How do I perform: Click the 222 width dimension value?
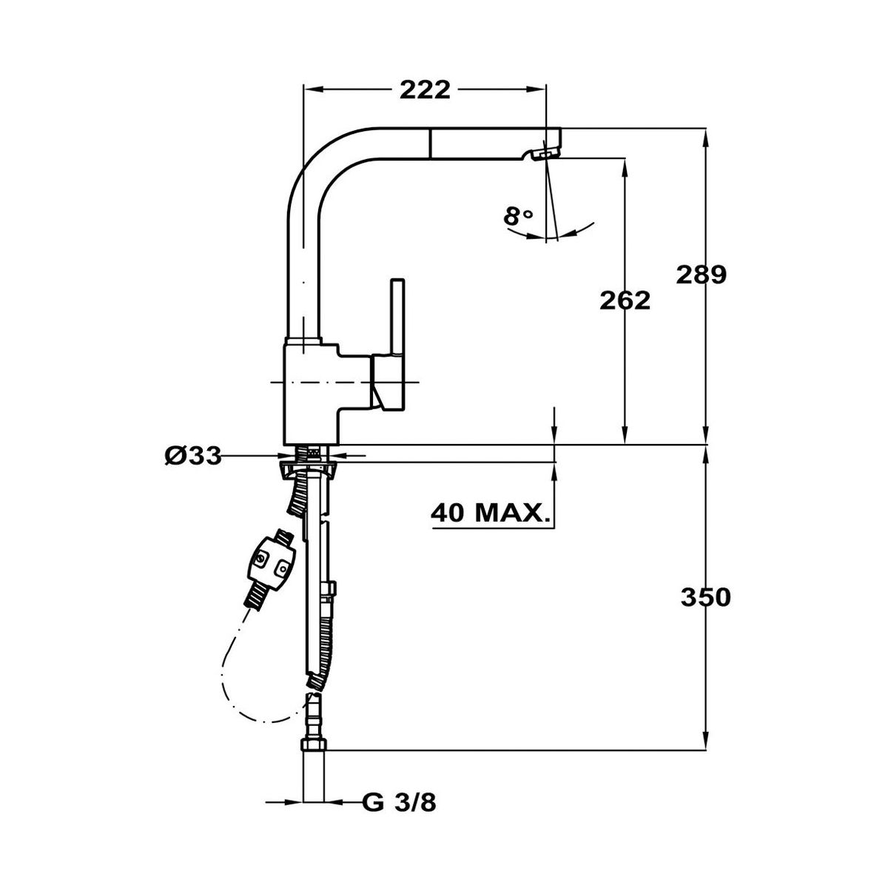[x=425, y=90]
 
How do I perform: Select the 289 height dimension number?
[x=701, y=275]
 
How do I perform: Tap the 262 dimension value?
[x=625, y=300]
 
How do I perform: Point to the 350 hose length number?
[x=705, y=598]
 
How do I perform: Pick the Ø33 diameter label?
[x=193, y=457]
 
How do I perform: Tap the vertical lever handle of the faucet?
[x=397, y=318]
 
